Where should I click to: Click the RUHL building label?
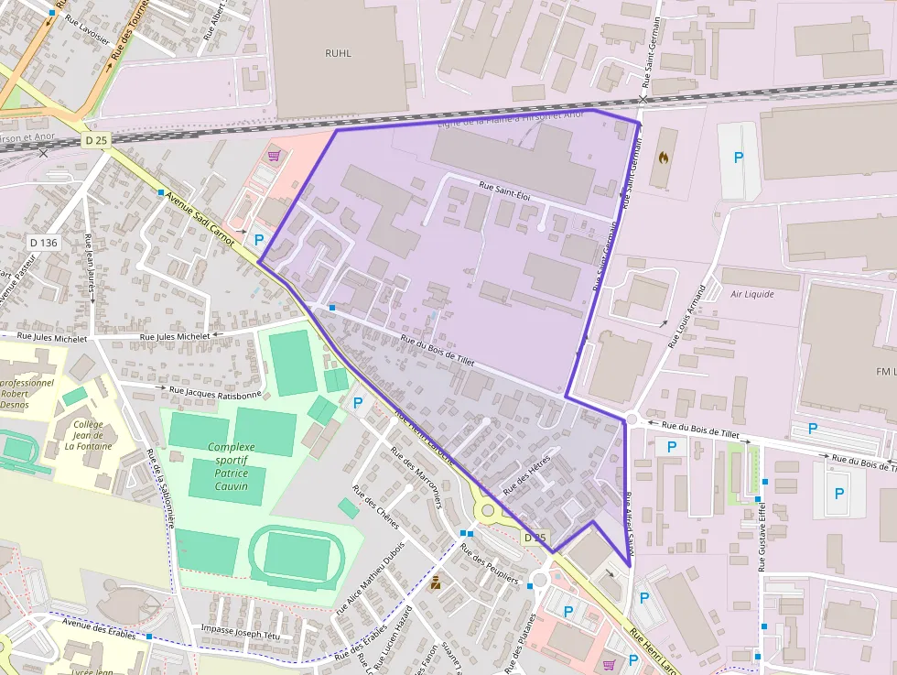click(x=338, y=53)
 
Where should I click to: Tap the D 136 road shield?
click(x=43, y=243)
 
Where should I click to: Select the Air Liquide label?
click(x=752, y=294)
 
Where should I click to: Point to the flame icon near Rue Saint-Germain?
click(x=664, y=157)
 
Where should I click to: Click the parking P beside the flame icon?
click(x=738, y=157)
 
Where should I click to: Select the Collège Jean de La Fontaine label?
click(x=88, y=436)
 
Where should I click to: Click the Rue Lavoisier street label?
click(x=86, y=28)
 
